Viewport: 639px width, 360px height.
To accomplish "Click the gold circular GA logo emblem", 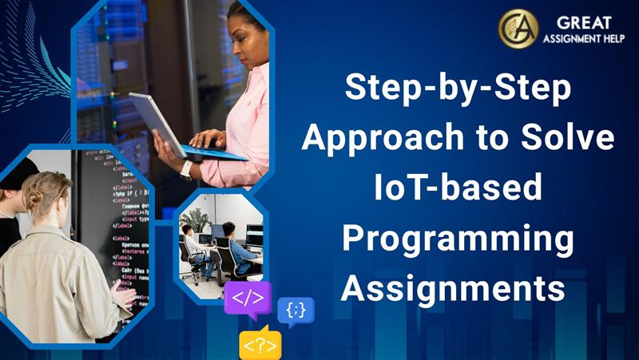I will [518, 29].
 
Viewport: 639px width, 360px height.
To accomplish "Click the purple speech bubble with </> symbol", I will [248, 299].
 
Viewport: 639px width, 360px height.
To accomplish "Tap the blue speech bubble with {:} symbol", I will [296, 311].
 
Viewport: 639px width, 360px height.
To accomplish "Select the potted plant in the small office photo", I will [194, 220].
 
